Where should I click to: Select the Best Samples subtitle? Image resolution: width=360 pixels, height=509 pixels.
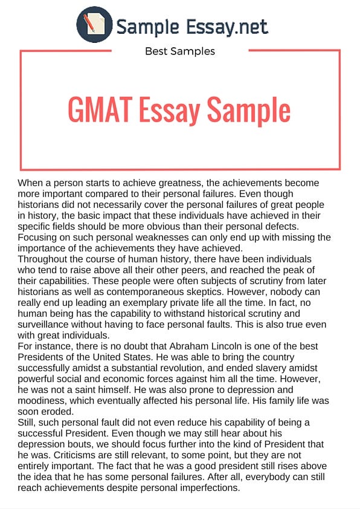click(180, 51)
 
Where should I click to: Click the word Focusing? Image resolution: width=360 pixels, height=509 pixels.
click(40, 237)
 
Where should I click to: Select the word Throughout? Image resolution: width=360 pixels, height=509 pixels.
click(46, 259)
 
